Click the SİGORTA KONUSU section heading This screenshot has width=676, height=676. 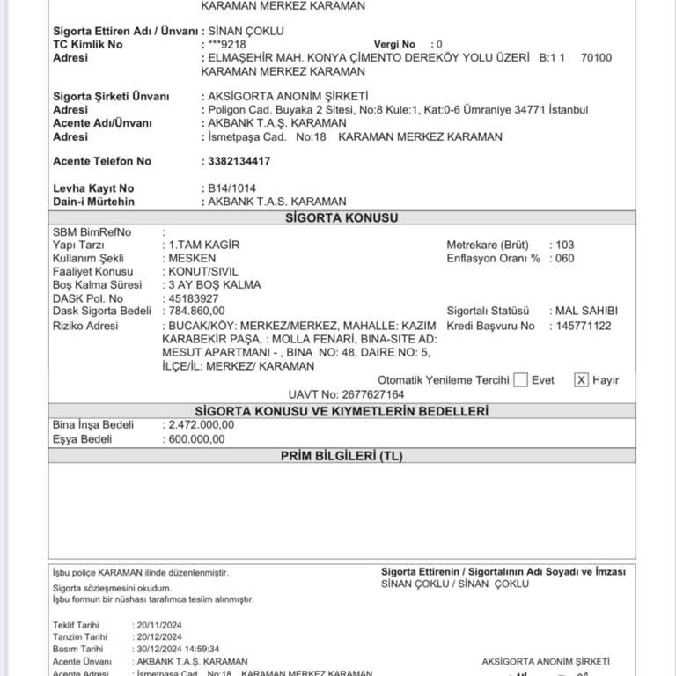tap(341, 218)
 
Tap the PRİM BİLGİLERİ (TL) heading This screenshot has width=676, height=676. tap(341, 455)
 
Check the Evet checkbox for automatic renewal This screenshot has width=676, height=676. tap(520, 380)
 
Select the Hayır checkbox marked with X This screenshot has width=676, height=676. tap(581, 380)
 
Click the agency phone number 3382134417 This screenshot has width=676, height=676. tap(235, 161)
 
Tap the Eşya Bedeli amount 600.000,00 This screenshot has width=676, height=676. tap(196, 439)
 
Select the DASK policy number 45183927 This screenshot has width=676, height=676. tap(194, 298)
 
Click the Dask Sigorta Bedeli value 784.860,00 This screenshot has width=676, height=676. tap(196, 311)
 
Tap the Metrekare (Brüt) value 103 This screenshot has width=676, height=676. tap(565, 245)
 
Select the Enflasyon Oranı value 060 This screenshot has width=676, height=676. tap(565, 259)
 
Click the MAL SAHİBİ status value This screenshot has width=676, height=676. tap(586, 312)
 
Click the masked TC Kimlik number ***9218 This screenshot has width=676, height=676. tap(228, 44)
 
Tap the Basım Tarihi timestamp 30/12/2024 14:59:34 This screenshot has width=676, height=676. tap(176, 649)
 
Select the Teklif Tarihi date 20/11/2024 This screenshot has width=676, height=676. tap(158, 625)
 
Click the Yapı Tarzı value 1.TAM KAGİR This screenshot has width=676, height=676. tap(204, 245)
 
